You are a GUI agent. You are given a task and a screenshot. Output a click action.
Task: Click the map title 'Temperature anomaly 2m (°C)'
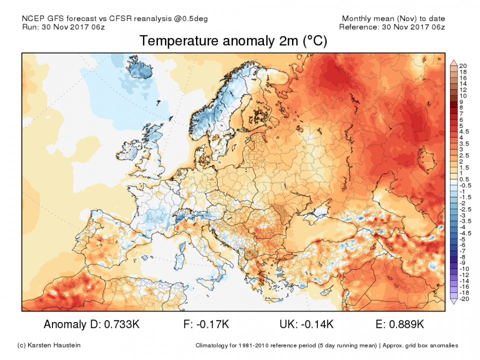[x=233, y=41]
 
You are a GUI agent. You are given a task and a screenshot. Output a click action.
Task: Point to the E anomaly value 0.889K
[x=406, y=324]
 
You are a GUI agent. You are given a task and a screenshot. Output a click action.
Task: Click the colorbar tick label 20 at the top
[x=463, y=66]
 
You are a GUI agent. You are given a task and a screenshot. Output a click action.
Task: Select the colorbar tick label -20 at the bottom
[x=464, y=298]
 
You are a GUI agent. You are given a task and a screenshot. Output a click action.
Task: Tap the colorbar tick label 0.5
[x=464, y=179]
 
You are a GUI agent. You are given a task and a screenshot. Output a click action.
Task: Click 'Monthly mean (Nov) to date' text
[x=393, y=18]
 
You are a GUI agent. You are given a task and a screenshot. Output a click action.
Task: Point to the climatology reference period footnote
[x=326, y=345]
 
